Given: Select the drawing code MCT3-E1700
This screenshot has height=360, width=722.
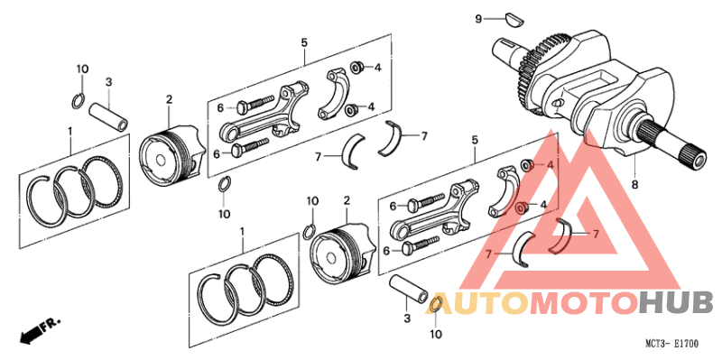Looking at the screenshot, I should click(x=671, y=344).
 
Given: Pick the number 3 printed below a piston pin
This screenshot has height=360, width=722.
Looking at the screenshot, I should click(x=406, y=318).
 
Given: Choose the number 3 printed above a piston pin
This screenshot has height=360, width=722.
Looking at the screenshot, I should click(x=107, y=82).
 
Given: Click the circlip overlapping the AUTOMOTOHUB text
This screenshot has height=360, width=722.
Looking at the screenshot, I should click(x=434, y=304).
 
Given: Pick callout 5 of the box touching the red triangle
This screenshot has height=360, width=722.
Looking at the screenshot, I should click(x=474, y=140).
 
